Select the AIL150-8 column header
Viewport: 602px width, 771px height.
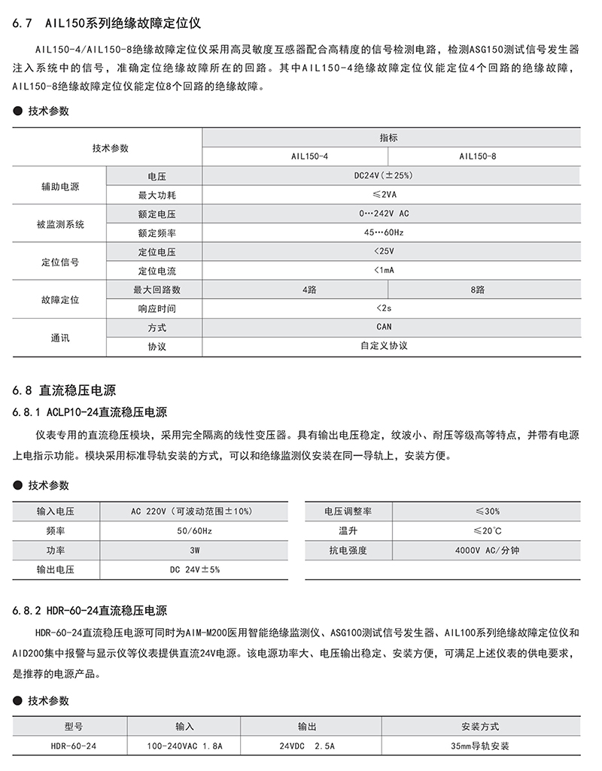click(484, 156)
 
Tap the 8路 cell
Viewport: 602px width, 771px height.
click(484, 289)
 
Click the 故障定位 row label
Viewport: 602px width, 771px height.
click(59, 299)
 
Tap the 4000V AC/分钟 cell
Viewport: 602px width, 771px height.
click(487, 551)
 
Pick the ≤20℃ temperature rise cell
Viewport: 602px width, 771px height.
click(487, 531)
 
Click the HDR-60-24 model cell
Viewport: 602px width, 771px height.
click(74, 746)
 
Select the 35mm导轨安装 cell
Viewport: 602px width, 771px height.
click(480, 746)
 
